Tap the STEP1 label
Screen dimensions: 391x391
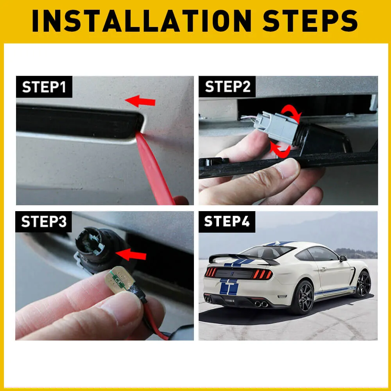pyautogui.click(x=44, y=87)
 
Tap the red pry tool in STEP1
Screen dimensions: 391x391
pyautogui.click(x=154, y=168)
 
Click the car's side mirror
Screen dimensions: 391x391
pyautogui.click(x=343, y=258)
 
